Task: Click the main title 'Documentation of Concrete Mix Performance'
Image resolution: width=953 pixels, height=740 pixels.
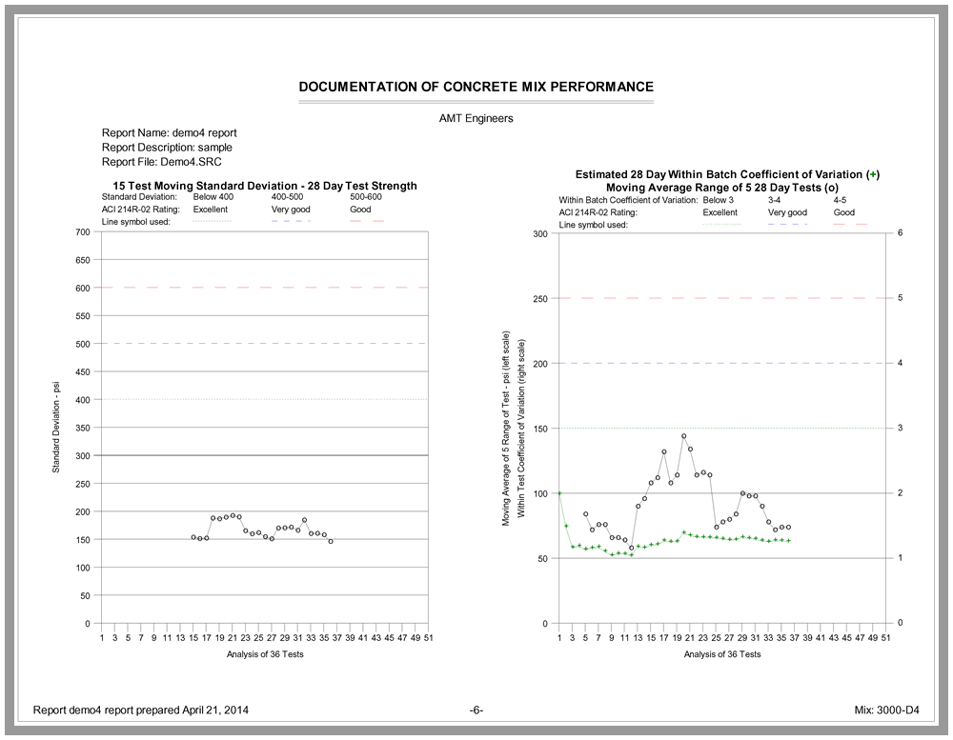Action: click(x=476, y=87)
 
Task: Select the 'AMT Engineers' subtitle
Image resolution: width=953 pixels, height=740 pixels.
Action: click(x=476, y=118)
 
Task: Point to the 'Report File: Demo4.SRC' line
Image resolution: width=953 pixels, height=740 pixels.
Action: click(x=162, y=163)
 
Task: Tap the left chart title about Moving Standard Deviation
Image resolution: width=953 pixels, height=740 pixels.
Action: click(x=265, y=186)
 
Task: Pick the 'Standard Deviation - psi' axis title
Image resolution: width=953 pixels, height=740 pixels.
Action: click(x=56, y=428)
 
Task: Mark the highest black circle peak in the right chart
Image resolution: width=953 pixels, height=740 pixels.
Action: click(x=683, y=436)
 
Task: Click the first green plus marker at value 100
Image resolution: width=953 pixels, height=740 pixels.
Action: click(x=559, y=493)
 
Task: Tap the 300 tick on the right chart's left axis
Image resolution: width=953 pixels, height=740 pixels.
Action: click(x=539, y=233)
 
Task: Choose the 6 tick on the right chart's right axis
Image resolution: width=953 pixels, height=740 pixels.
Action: click(x=900, y=233)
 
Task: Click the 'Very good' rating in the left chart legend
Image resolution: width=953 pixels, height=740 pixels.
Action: click(x=291, y=209)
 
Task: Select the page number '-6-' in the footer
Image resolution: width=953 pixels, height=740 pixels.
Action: click(x=476, y=710)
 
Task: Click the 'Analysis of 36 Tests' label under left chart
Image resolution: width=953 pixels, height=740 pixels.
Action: click(x=265, y=654)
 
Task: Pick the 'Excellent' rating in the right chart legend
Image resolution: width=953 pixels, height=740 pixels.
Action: click(x=720, y=213)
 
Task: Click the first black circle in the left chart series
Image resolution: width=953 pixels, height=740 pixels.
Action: click(x=193, y=537)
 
